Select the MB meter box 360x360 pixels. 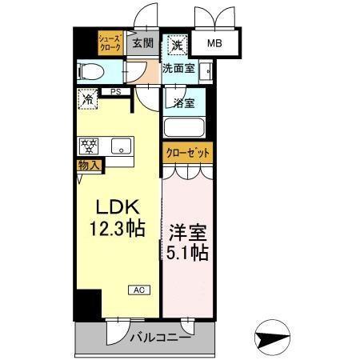[216, 45]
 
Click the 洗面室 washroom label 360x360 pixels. [178, 69]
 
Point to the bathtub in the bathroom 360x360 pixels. [184, 128]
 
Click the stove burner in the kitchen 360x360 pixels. [88, 146]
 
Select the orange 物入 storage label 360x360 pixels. [89, 166]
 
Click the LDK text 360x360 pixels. [115, 205]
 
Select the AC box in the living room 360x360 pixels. [137, 291]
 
